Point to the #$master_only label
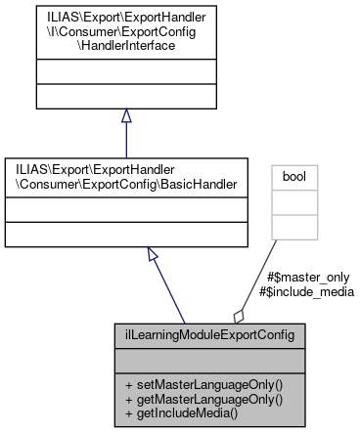point(299,277)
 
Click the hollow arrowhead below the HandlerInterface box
point(126,116)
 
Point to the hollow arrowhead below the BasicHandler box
point(153,254)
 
